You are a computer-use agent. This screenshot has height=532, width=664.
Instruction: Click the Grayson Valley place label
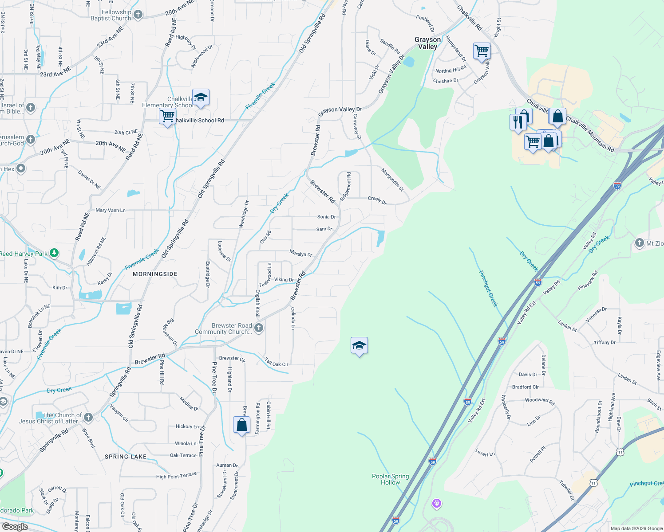(427, 43)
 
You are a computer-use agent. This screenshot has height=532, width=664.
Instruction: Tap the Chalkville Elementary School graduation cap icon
(201, 98)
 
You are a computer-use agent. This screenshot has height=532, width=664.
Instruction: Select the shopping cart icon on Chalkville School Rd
(168, 117)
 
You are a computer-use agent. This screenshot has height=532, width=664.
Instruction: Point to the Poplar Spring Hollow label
(391, 479)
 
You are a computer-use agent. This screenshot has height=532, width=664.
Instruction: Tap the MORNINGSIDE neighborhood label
(155, 274)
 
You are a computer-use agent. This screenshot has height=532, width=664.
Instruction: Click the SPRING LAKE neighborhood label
(126, 457)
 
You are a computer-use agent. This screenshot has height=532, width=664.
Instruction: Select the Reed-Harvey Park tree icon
(54, 253)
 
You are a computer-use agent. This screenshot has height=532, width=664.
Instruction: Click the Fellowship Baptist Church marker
(138, 15)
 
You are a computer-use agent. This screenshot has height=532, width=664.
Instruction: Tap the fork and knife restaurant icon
(518, 121)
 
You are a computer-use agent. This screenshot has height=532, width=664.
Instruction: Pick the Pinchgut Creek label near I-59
(488, 289)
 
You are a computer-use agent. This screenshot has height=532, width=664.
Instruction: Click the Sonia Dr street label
(326, 217)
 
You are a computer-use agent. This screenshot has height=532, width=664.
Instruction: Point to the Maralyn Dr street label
(301, 254)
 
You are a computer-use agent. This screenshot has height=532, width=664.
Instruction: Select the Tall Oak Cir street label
(277, 363)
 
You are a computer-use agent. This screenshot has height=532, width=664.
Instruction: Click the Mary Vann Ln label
(111, 210)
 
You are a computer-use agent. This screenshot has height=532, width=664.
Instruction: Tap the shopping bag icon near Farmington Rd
(241, 425)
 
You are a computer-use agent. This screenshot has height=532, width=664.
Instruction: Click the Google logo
(15, 527)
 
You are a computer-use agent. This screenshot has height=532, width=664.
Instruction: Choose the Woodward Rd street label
(540, 401)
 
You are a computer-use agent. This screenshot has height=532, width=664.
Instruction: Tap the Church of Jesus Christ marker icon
(88, 417)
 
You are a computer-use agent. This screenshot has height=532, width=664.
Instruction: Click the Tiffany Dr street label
(605, 343)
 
